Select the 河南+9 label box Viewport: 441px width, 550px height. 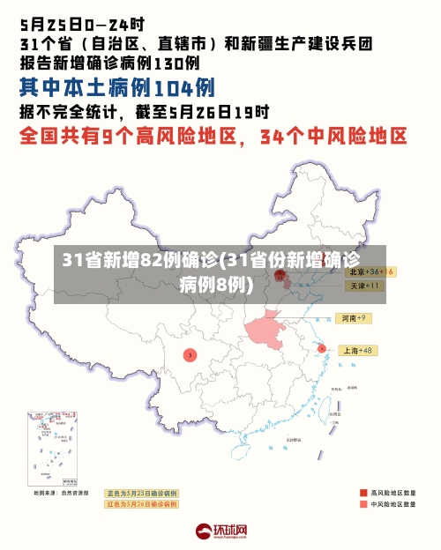355,317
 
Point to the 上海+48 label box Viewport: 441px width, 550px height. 358,350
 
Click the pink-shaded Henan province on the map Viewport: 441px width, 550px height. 265,329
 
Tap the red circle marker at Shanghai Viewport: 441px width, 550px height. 322,349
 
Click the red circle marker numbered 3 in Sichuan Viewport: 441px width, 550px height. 190,354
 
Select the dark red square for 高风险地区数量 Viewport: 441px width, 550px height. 363,492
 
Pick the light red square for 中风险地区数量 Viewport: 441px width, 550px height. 363,505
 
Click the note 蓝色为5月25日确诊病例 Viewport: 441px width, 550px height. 142,493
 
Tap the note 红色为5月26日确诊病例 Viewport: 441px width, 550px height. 142,504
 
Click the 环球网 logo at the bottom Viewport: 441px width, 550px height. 220,531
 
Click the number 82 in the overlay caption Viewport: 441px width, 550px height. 153,260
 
